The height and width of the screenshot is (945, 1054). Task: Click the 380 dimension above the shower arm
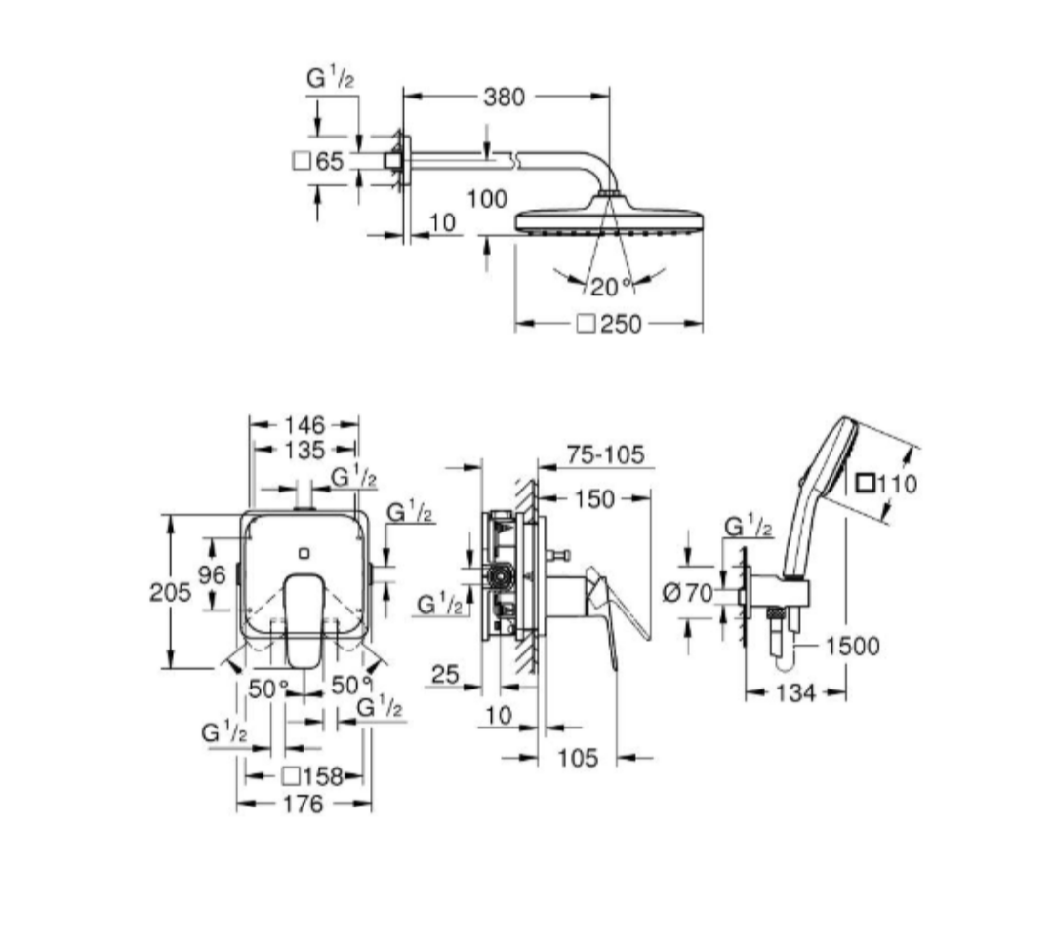pyautogui.click(x=504, y=97)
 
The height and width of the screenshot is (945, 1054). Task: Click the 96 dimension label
pyautogui.click(x=212, y=574)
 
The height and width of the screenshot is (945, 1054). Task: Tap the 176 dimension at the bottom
pyautogui.click(x=304, y=805)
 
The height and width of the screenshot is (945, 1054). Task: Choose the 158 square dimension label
pyautogui.click(x=313, y=776)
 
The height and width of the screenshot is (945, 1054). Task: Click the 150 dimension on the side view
pyautogui.click(x=594, y=499)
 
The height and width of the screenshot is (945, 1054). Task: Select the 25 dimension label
pyautogui.click(x=445, y=674)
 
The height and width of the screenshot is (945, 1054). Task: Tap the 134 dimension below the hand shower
pyautogui.click(x=795, y=692)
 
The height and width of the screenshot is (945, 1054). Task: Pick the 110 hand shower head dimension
pyautogui.click(x=888, y=483)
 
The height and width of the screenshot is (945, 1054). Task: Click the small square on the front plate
pyautogui.click(x=304, y=553)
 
